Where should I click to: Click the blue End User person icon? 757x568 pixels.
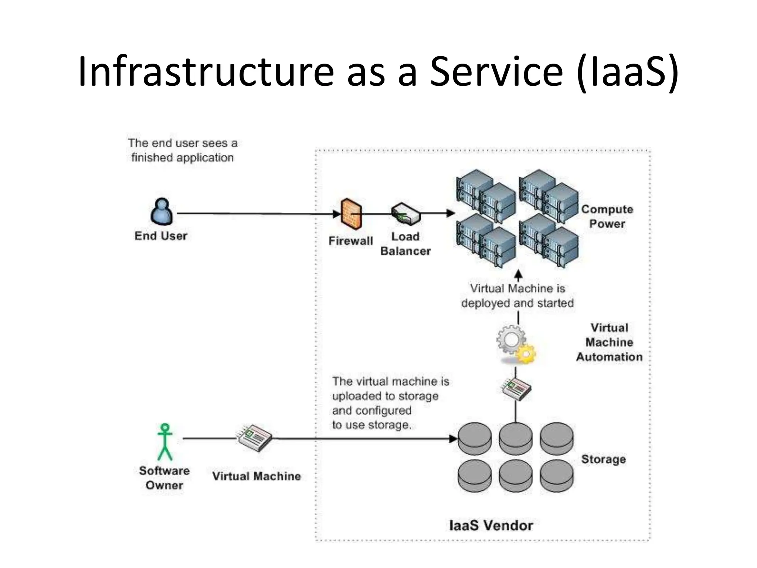click(x=162, y=212)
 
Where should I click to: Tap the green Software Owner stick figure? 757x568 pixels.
click(x=165, y=442)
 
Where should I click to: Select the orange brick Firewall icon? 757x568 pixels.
click(x=351, y=214)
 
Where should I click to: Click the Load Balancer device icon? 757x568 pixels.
click(x=405, y=214)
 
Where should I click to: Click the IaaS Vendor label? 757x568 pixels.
click(x=490, y=525)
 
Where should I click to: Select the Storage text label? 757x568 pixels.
click(x=603, y=459)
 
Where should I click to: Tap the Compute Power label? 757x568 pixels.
click(x=607, y=216)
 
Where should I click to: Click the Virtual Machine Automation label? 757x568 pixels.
click(x=609, y=342)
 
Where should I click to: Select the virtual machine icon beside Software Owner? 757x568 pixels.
click(x=255, y=438)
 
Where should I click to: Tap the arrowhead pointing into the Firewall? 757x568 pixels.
click(x=336, y=214)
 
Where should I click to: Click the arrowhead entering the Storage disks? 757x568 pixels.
click(x=453, y=439)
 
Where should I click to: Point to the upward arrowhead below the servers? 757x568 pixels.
click(x=519, y=274)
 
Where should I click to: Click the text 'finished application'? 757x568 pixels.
click(x=182, y=158)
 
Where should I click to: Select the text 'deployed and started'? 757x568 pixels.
click(x=517, y=303)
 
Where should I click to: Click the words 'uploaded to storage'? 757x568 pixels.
click(x=385, y=396)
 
